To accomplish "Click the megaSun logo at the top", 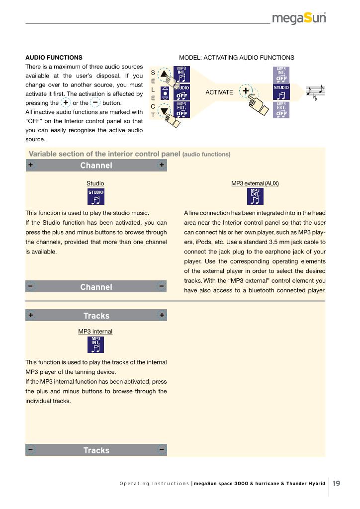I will coord(299,18).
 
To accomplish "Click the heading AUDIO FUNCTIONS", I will coord(54,58).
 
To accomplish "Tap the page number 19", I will coord(337,483).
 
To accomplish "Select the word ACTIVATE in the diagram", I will coord(219,92).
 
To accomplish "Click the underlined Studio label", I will coord(95,183).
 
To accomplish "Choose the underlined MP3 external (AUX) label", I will coord(255,183).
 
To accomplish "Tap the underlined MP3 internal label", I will coord(95,331).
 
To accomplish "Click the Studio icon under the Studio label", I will coord(96,197).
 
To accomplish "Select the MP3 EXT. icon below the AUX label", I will coord(255,197).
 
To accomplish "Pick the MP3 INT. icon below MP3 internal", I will coord(96,344).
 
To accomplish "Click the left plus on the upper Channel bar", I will coord(31,165).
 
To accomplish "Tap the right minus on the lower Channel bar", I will coord(162,287).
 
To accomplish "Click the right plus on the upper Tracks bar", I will coord(162,316).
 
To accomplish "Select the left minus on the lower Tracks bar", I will coord(31,450).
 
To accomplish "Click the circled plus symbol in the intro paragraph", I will coord(66,102).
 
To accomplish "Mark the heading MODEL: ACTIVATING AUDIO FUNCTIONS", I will coord(236,58).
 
